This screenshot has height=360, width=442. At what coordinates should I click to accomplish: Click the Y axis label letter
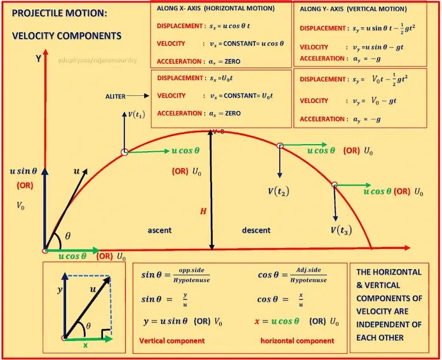point(39,58)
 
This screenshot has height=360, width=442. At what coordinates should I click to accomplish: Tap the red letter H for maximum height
point(203,211)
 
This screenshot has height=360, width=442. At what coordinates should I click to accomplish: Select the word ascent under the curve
point(159,230)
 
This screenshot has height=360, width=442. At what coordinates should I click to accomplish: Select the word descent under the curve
point(256,230)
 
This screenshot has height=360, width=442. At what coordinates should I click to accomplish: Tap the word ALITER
point(116,97)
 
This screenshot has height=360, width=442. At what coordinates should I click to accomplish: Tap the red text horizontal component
point(297,341)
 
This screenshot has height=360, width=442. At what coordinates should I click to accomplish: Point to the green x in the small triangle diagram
point(84,345)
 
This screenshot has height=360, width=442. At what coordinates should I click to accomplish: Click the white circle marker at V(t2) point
point(279,145)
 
